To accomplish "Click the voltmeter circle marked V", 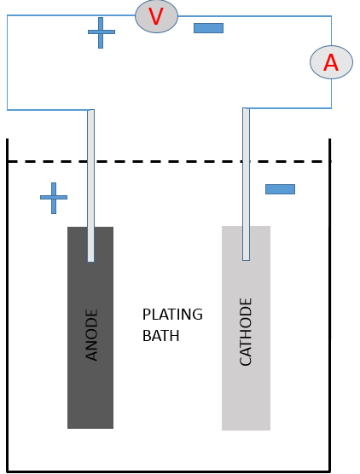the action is point(156,16).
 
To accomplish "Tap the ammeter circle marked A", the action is point(331,62).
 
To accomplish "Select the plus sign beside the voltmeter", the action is point(101,32).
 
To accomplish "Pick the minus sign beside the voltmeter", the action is point(208,28).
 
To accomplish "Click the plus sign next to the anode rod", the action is point(54,198).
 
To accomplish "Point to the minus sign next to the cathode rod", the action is point(280,189).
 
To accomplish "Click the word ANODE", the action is point(91,335).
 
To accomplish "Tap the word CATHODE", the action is point(246,332).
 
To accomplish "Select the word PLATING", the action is point(172,315).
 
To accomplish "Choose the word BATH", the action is point(161,336).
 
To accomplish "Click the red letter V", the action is point(156,16).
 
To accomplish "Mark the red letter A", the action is point(331,62).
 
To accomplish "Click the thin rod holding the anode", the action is point(90,186).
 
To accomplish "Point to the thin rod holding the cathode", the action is point(247,184).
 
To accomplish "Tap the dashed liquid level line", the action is point(170,162).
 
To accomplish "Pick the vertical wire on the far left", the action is point(8,62).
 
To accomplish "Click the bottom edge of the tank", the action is point(169,471).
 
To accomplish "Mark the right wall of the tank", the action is point(330,305).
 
